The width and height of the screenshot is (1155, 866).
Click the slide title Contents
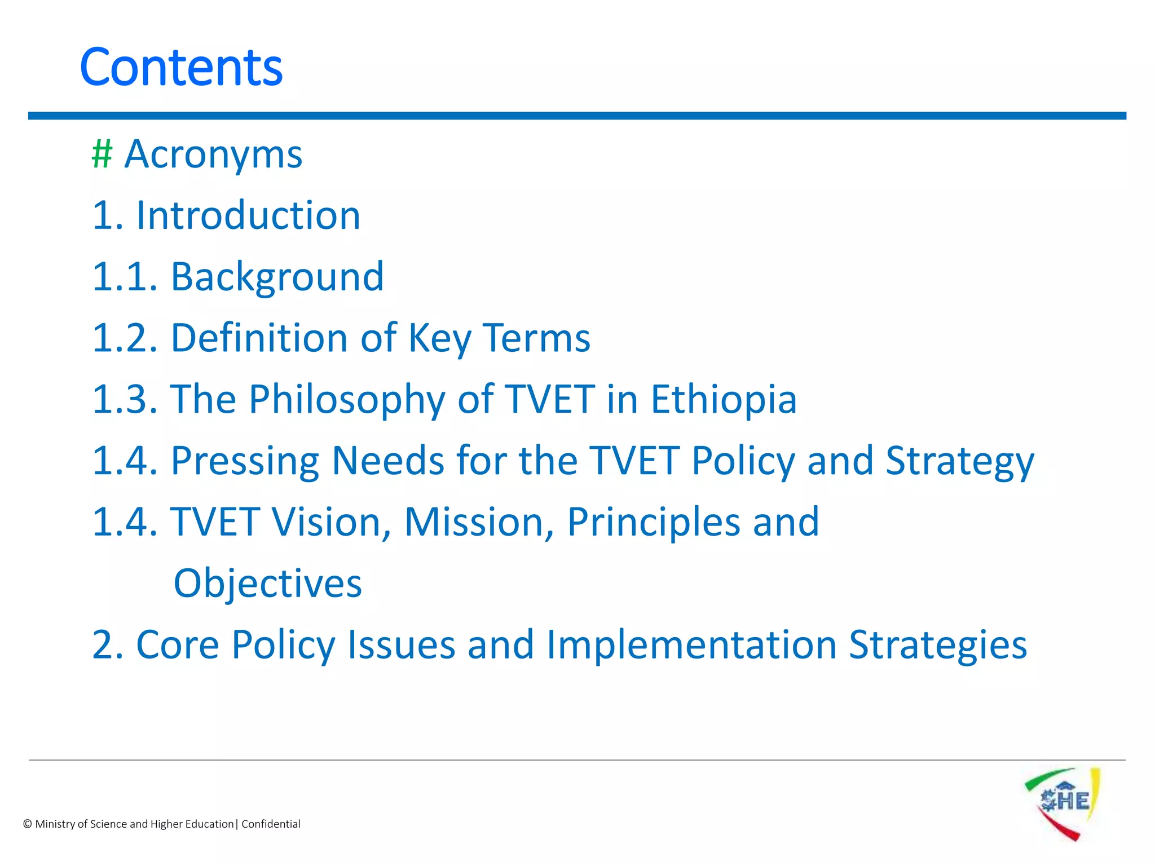pyautogui.click(x=181, y=68)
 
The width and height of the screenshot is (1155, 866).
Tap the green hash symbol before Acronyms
pyautogui.click(x=102, y=154)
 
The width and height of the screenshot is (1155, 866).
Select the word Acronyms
pyautogui.click(x=213, y=154)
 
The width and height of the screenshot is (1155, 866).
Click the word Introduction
pyautogui.click(x=248, y=215)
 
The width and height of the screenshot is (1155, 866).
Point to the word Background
pyautogui.click(x=277, y=277)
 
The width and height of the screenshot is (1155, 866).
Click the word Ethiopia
pyautogui.click(x=724, y=399)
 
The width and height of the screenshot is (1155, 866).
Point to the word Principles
pyautogui.click(x=653, y=522)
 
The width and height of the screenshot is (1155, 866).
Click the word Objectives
pyautogui.click(x=267, y=584)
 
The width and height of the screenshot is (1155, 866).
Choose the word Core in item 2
pyautogui.click(x=178, y=644)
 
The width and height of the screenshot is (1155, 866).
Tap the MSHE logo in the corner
pyautogui.click(x=1063, y=803)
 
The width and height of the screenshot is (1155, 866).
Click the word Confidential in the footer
pyautogui.click(x=271, y=824)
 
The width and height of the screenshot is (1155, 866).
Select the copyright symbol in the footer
pyautogui.click(x=27, y=824)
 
